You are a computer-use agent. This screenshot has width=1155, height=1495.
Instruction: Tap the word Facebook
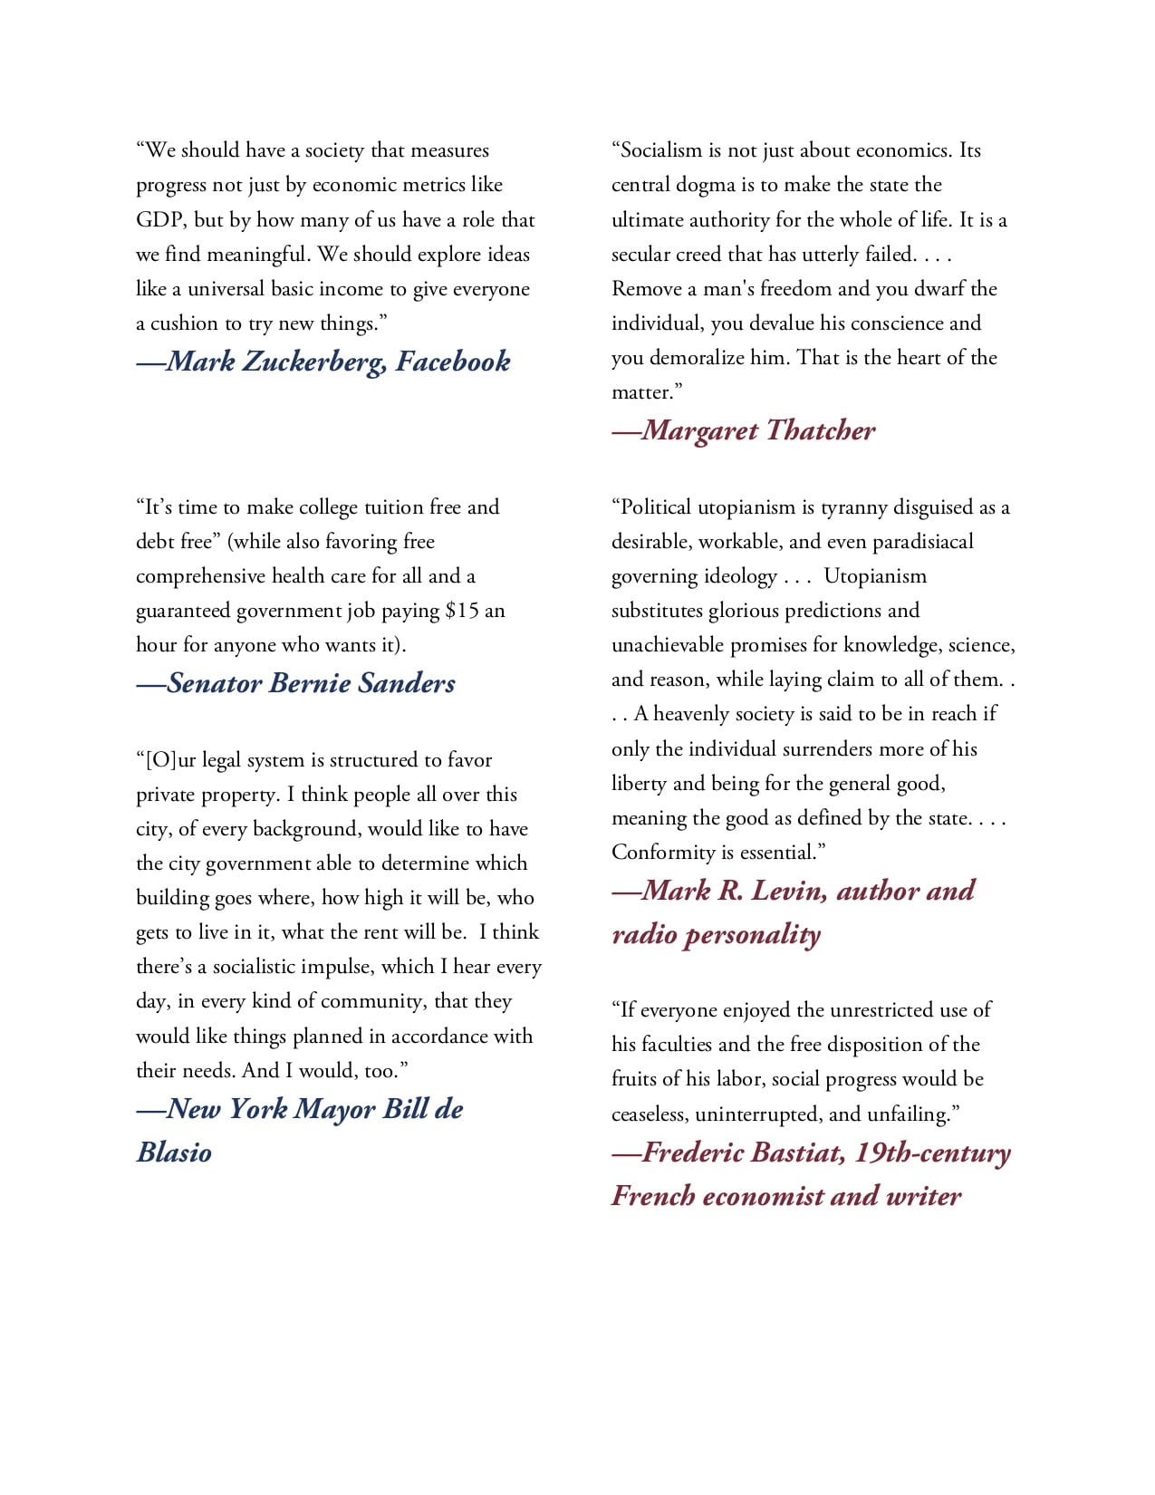click(453, 362)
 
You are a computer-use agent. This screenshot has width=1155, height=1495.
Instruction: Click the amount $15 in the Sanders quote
click(462, 611)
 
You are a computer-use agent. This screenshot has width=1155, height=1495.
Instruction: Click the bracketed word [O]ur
click(166, 760)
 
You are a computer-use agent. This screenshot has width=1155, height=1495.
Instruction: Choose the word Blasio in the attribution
click(175, 1153)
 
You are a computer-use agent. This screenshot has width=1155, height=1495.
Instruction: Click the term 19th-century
click(932, 1153)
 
